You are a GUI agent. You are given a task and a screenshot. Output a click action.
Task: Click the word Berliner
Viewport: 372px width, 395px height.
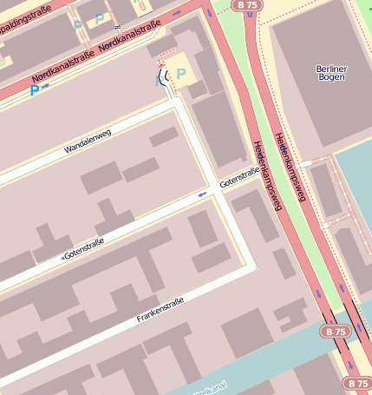click(331, 69)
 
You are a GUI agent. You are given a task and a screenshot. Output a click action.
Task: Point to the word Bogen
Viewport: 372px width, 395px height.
click(331, 79)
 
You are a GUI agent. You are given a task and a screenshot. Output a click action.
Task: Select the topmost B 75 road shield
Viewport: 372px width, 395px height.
click(248, 4)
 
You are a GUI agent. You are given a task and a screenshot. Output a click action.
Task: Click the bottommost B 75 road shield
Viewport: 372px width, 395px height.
click(357, 383)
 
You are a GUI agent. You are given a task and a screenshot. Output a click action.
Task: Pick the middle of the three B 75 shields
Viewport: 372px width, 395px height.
click(334, 332)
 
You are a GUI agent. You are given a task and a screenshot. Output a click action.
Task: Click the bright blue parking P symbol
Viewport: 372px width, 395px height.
click(35, 89)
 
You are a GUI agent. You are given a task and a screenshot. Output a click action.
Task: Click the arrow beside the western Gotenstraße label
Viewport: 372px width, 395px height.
click(62, 258)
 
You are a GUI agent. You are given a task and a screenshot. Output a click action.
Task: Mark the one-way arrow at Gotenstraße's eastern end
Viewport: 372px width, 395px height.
click(203, 194)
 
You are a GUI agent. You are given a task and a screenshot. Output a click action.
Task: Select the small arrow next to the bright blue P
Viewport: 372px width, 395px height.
click(45, 86)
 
